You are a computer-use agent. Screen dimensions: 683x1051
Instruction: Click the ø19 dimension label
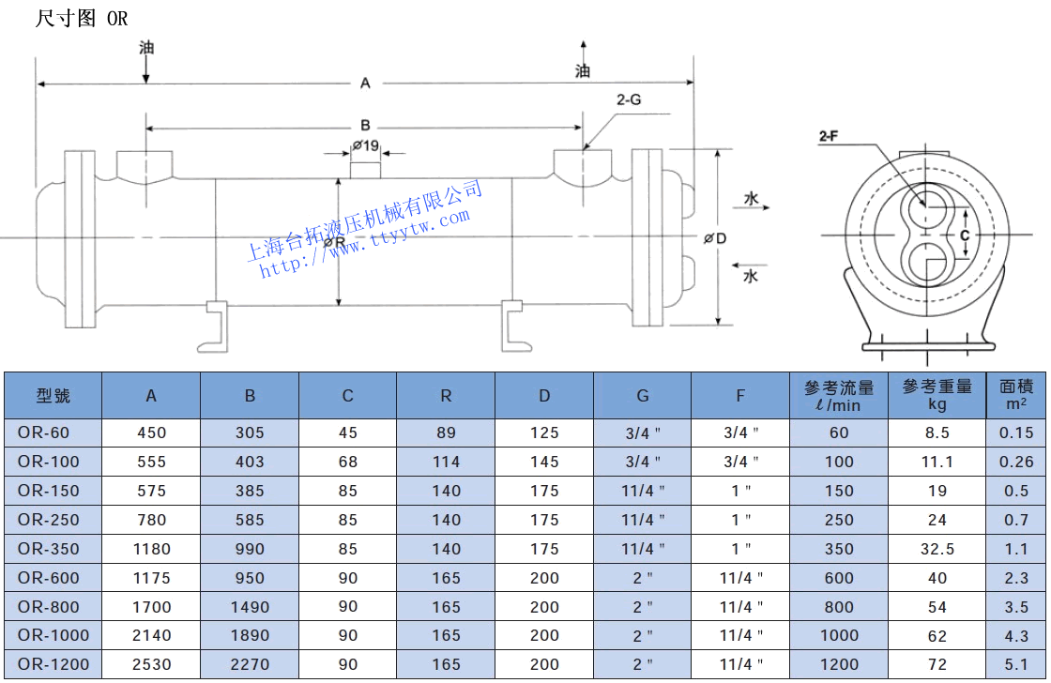pyautogui.click(x=366, y=145)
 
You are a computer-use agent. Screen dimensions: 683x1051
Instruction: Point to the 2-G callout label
pyautogui.click(x=629, y=99)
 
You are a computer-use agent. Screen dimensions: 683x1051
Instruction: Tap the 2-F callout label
pyautogui.click(x=829, y=137)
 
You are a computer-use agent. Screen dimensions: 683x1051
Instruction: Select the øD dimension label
pyautogui.click(x=715, y=238)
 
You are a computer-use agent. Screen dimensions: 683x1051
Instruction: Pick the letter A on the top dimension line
pyautogui.click(x=365, y=83)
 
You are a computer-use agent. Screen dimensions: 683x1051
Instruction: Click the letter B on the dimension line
pyautogui.click(x=365, y=126)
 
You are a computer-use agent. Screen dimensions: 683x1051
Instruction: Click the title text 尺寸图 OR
pyautogui.click(x=82, y=19)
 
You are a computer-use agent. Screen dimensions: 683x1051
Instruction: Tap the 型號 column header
pyautogui.click(x=53, y=395)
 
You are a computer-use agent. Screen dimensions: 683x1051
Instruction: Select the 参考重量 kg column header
pyautogui.click(x=937, y=395)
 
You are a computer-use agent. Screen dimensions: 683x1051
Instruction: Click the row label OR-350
pyautogui.click(x=49, y=549)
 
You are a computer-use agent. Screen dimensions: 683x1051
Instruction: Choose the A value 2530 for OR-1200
pyautogui.click(x=151, y=664)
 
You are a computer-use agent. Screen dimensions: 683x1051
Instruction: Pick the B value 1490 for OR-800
pyautogui.click(x=250, y=607)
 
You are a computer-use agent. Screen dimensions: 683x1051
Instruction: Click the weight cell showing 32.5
pyautogui.click(x=937, y=549)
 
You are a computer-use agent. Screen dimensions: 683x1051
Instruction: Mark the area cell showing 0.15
pyautogui.click(x=1016, y=433)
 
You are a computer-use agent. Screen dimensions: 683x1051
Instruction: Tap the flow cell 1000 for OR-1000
pyautogui.click(x=839, y=635)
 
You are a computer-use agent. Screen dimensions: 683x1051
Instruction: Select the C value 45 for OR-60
pyautogui.click(x=348, y=433)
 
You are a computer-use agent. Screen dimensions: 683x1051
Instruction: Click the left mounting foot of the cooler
pyautogui.click(x=215, y=325)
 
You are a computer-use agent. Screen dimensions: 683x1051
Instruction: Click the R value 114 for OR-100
pyautogui.click(x=446, y=462)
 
